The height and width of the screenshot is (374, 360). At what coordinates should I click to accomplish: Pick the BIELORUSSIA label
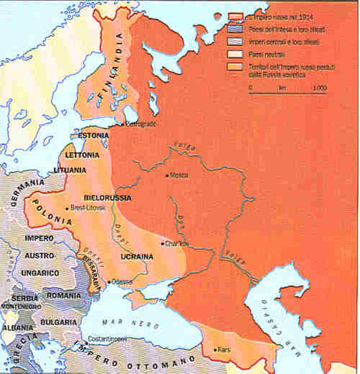click(108, 189)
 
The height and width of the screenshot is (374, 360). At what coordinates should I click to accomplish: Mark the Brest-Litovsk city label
click(87, 209)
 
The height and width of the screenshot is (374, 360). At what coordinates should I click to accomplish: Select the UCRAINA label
click(136, 256)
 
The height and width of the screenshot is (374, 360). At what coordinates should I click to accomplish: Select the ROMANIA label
click(70, 297)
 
